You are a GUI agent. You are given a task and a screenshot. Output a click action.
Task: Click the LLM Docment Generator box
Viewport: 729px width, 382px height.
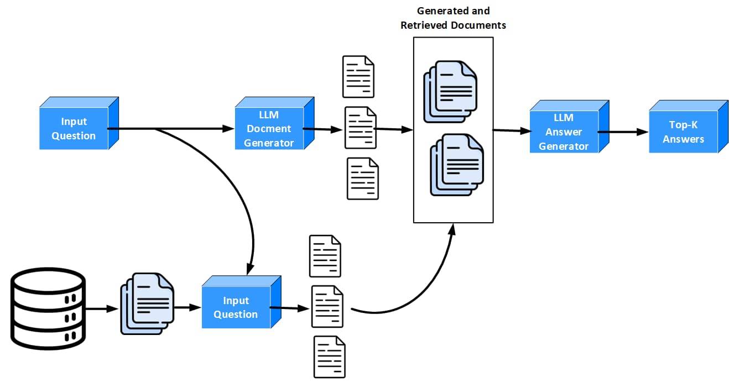click(274, 123)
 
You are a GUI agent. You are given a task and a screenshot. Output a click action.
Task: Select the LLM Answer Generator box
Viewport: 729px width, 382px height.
click(569, 127)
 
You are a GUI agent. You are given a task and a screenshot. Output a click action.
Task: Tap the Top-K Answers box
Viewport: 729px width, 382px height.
click(688, 127)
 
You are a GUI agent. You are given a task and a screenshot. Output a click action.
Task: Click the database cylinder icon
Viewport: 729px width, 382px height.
click(48, 308)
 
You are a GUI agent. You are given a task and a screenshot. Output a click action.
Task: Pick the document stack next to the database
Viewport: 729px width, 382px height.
click(147, 303)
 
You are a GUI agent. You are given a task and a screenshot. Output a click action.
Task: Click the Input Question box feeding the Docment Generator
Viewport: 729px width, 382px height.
click(79, 123)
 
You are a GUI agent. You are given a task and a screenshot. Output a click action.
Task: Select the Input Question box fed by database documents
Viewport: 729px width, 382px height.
click(241, 302)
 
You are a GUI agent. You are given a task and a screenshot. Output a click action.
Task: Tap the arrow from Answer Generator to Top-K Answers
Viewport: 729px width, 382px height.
click(623, 132)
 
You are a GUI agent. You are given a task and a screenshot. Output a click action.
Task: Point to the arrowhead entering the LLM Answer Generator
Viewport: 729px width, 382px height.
click(526, 131)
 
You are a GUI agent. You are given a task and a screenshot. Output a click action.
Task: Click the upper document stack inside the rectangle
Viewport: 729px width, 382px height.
click(450, 91)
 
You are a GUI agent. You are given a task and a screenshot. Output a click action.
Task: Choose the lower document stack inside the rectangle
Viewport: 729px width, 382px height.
click(457, 165)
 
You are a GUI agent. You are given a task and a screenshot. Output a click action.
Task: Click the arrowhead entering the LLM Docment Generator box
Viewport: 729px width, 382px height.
click(228, 129)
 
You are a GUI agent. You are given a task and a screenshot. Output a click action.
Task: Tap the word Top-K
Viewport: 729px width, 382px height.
click(683, 124)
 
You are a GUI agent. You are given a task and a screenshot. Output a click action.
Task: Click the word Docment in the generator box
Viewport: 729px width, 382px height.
click(269, 128)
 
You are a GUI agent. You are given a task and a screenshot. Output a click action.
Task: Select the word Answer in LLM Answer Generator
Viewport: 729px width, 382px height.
click(564, 132)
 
